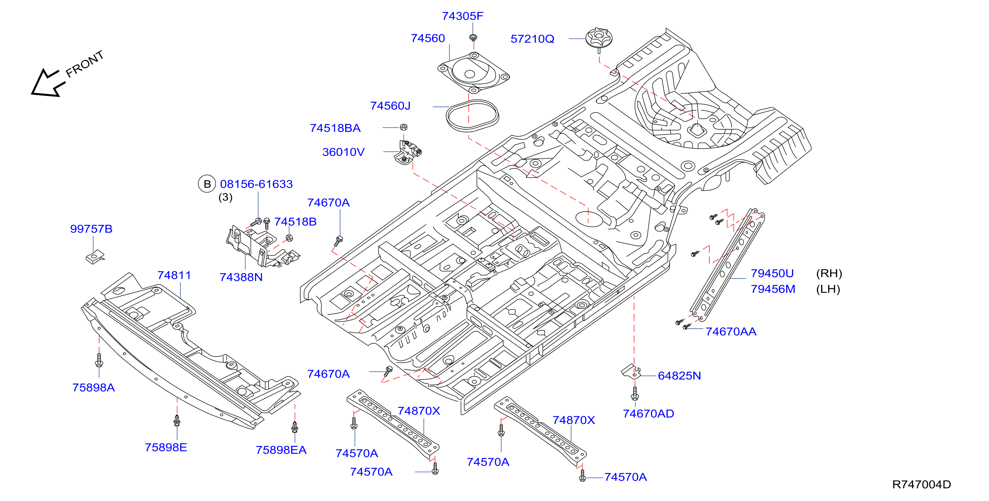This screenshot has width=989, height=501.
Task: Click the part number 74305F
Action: pos(462,16)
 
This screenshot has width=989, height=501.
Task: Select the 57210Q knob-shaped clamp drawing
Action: pos(599,39)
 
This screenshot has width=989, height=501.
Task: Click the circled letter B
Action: pos(207,184)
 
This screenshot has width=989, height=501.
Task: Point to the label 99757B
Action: pos(91,229)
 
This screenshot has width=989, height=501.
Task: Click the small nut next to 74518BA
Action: pos(404,127)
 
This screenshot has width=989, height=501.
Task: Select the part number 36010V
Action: pos(343,152)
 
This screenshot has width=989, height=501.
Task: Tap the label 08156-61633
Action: pos(256,184)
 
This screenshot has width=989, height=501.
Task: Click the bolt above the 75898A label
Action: pos(99,360)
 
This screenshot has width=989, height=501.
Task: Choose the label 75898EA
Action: pos(281,450)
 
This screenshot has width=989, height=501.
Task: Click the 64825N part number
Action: pos(679,376)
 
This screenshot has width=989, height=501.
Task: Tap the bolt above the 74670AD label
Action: pos(635,393)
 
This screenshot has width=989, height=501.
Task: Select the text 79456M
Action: pos(773,289)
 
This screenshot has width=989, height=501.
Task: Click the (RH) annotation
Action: pos(829,273)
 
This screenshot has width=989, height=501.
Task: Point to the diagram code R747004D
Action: pos(922,484)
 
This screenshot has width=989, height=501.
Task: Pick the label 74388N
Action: pos(241,278)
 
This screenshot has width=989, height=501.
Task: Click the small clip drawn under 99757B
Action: pos(95,257)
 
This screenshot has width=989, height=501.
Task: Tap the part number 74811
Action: pos(174,275)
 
